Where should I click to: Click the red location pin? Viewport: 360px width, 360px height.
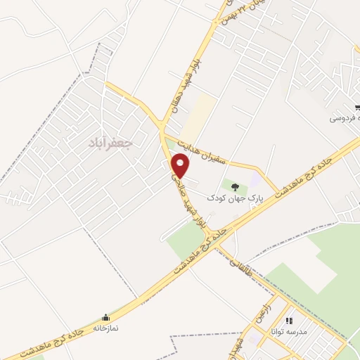tap(181, 166)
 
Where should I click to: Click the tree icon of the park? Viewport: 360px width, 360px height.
tap(235, 187)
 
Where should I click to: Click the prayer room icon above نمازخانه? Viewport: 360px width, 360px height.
tap(105, 317)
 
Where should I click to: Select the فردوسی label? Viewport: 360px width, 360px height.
tap(345, 117)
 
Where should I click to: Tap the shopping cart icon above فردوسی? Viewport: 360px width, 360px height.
tap(358, 107)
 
